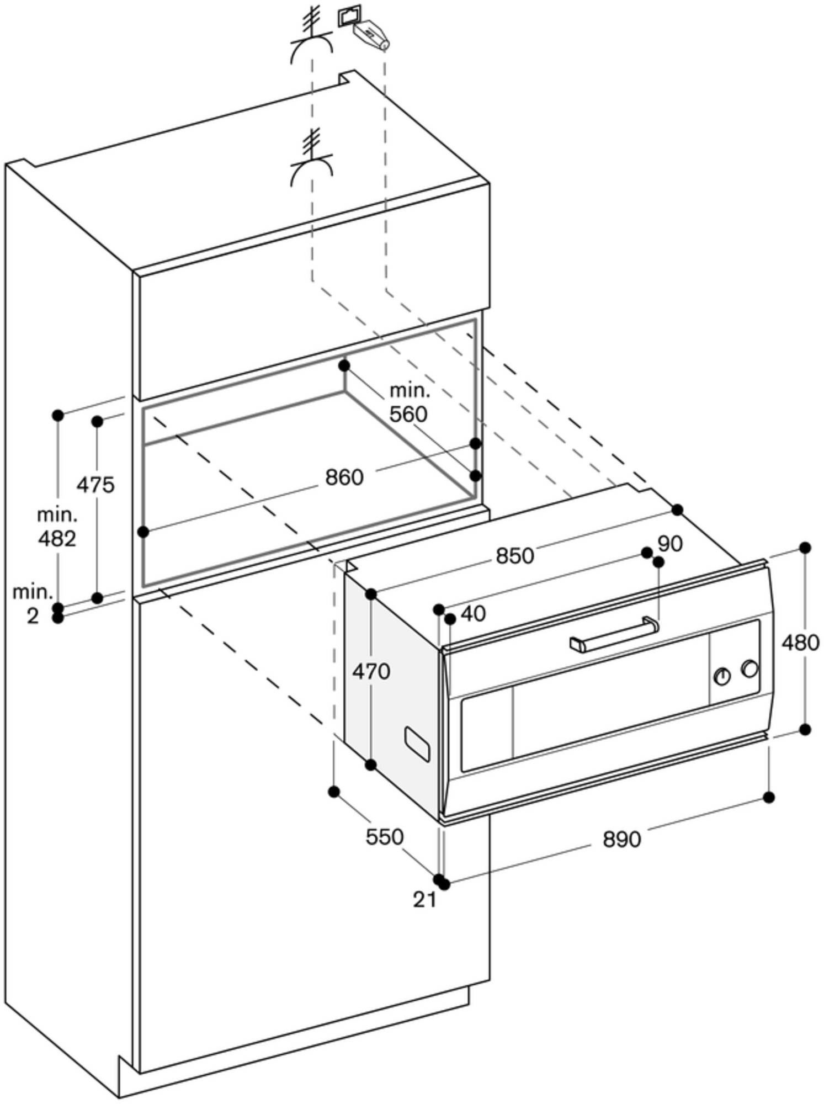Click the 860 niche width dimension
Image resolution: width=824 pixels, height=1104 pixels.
coord(344,477)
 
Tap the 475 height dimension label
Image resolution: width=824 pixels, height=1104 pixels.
coord(95,485)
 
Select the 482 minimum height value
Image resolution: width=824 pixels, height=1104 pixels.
coord(56,538)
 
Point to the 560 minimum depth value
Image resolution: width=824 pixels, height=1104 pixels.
coord(408,413)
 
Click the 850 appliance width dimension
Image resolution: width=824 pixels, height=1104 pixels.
coord(514,556)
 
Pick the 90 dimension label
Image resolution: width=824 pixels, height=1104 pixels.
coord(670,544)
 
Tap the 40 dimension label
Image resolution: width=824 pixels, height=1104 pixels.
coord(472,613)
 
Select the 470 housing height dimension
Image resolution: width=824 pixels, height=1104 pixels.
coord(371,672)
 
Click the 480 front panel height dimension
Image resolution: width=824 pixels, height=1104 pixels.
coord(800,643)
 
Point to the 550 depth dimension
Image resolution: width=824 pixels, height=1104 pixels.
coord(385,837)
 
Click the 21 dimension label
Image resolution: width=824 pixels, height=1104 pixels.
coord(424,900)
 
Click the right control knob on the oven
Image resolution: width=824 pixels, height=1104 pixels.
coord(749,668)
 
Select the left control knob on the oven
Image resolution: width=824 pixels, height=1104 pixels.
coord(722,676)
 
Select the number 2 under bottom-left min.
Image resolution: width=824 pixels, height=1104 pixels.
coord(33,616)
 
